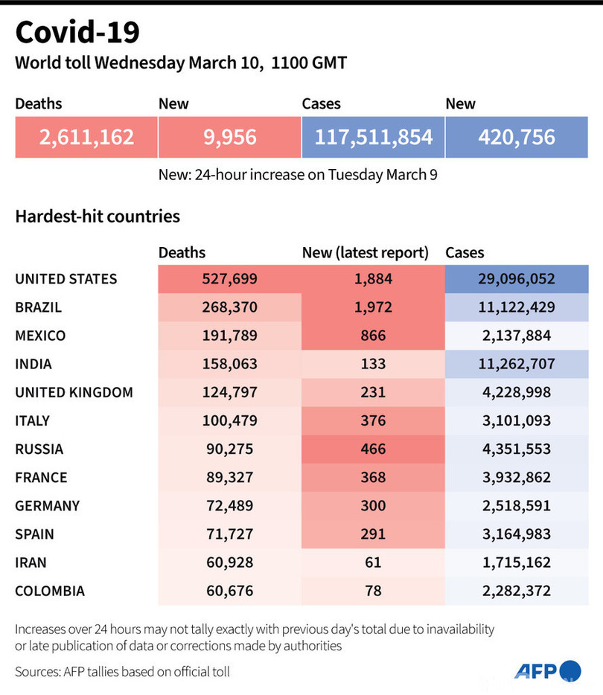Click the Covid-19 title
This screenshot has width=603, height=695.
pos(77,33)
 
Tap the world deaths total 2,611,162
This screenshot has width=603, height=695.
pos(86,137)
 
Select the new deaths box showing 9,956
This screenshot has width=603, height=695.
pos(229,137)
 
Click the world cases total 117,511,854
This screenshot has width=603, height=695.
pos(373,137)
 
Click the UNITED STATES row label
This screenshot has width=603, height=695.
pos(66,279)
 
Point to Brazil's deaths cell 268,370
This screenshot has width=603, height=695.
pos(229,307)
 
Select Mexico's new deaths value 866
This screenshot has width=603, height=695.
pos(372,336)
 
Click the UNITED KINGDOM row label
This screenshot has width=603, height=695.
pos(74,392)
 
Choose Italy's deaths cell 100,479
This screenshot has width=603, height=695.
pos(229,420)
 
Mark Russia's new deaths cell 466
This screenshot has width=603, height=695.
pos(372,449)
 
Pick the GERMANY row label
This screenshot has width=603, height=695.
pos(47,506)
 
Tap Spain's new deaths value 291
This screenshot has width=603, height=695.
pos(372,534)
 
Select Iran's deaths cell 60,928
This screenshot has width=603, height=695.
pos(229,563)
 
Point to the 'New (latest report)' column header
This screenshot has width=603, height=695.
pos(365,253)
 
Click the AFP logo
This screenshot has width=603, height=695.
pos(547,670)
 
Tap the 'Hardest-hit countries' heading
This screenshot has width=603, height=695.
pos(98,217)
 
